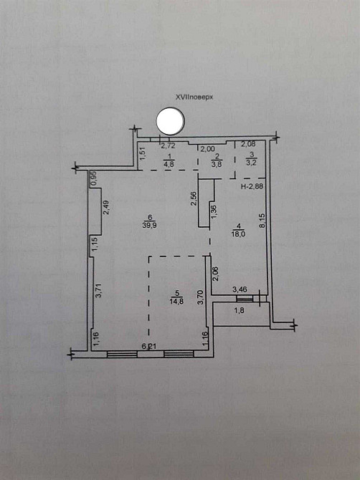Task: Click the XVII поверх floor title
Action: point(194,97)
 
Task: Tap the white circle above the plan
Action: point(171,121)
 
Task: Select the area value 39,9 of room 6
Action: point(150,225)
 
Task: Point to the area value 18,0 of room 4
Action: point(239,234)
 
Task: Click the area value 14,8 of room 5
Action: point(176,301)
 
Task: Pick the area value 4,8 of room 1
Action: point(169,163)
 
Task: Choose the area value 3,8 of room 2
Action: point(217,163)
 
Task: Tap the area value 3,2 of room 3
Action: point(251,163)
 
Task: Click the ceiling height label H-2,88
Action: point(252,186)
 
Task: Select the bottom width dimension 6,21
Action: point(149,346)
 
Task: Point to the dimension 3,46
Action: point(240,289)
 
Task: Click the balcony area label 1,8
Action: point(239,311)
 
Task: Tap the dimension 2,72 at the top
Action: point(168,146)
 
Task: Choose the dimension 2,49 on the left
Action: point(105,208)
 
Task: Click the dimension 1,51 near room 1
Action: point(143,154)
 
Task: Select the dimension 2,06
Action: point(216,274)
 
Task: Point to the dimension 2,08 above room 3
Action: point(248,143)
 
